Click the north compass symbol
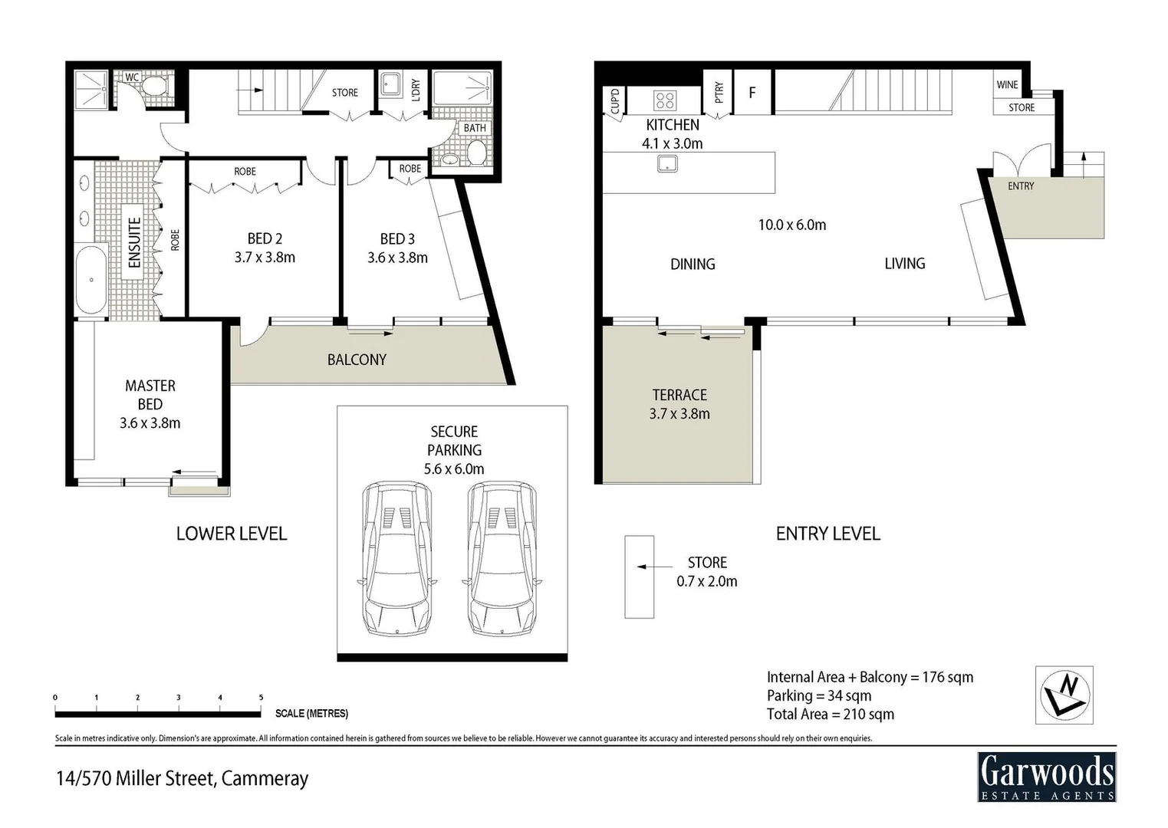pyautogui.click(x=1064, y=695)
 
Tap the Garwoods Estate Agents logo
pyautogui.click(x=1046, y=777)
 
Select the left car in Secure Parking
pyautogui.click(x=396, y=558)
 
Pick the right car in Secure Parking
pyautogui.click(x=502, y=558)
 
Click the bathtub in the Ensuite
pyautogui.click(x=91, y=280)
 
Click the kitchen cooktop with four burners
pyautogui.click(x=665, y=100)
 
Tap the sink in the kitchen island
pyautogui.click(x=667, y=163)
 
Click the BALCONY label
pyautogui.click(x=357, y=360)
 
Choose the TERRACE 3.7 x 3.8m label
pyautogui.click(x=679, y=404)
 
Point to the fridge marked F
pyautogui.click(x=752, y=92)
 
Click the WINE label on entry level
pyautogui.click(x=1007, y=84)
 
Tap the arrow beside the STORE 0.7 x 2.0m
pyautogui.click(x=643, y=567)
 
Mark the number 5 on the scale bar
pyautogui.click(x=261, y=698)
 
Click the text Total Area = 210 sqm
pyautogui.click(x=830, y=715)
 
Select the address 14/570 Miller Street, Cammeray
pyautogui.click(x=182, y=778)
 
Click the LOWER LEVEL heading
pyautogui.click(x=232, y=534)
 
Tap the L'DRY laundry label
pyautogui.click(x=415, y=90)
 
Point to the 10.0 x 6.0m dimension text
pyautogui.click(x=791, y=225)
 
